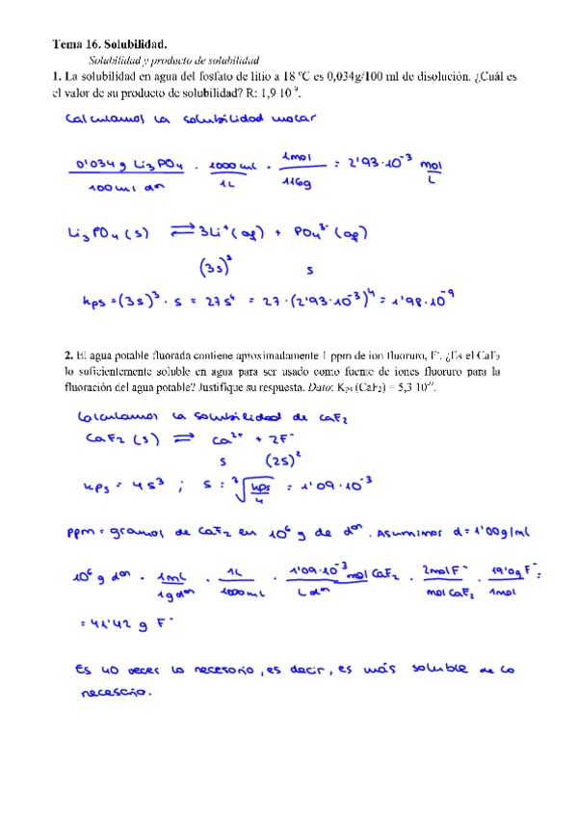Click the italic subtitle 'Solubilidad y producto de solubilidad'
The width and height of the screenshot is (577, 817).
click(x=168, y=60)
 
